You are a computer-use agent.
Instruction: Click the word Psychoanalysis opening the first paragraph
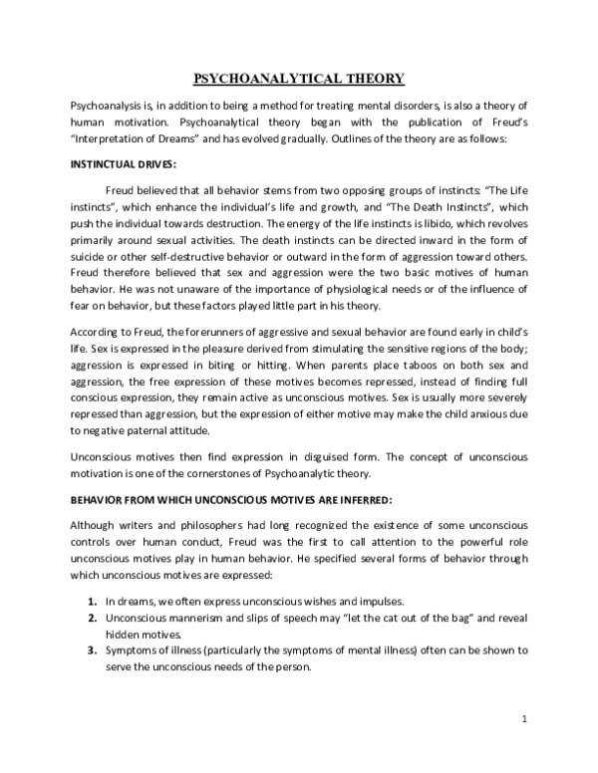(108, 106)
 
